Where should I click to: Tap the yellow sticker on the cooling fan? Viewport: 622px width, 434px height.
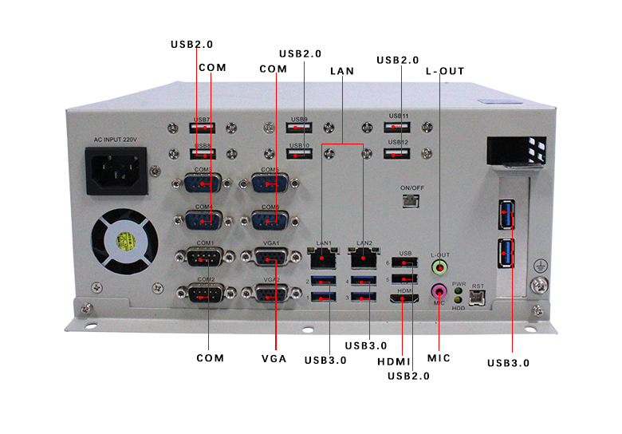[x=126, y=242]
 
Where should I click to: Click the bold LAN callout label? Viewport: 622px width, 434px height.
[x=341, y=71]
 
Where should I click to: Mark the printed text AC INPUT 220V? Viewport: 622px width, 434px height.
[x=116, y=140]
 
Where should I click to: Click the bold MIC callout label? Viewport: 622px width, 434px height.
[x=439, y=358]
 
